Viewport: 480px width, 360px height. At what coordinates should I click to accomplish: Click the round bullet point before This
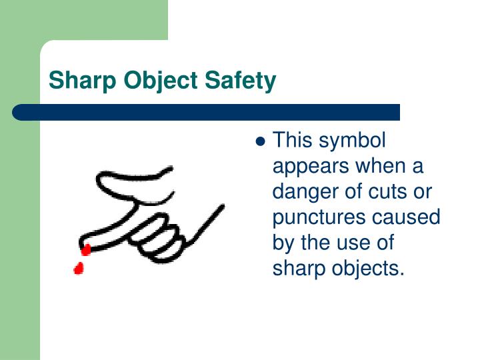(261, 142)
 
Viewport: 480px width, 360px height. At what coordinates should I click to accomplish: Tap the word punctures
(316, 218)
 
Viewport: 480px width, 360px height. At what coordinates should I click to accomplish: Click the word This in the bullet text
(292, 141)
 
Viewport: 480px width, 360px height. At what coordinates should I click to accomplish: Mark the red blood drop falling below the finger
(79, 269)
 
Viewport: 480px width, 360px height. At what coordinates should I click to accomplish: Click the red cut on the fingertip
(86, 250)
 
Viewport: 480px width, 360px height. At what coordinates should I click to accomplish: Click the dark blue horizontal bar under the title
(207, 112)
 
